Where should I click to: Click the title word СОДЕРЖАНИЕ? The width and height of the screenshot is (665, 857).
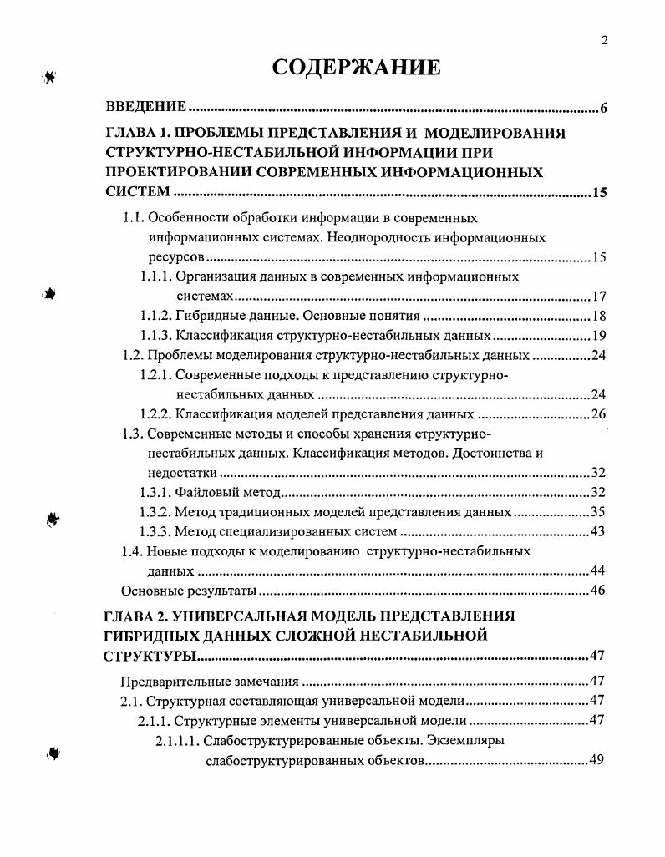[356, 68]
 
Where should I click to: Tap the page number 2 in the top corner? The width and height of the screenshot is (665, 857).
[604, 40]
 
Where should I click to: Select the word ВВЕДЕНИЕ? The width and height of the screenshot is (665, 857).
[145, 109]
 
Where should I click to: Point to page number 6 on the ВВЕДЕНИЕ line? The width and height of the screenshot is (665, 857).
[602, 109]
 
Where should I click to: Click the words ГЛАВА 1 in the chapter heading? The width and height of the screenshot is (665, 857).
[138, 133]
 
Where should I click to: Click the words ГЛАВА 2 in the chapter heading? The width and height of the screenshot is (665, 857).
[138, 616]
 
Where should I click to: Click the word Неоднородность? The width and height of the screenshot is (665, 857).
[373, 237]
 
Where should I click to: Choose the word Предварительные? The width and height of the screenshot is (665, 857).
[172, 681]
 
